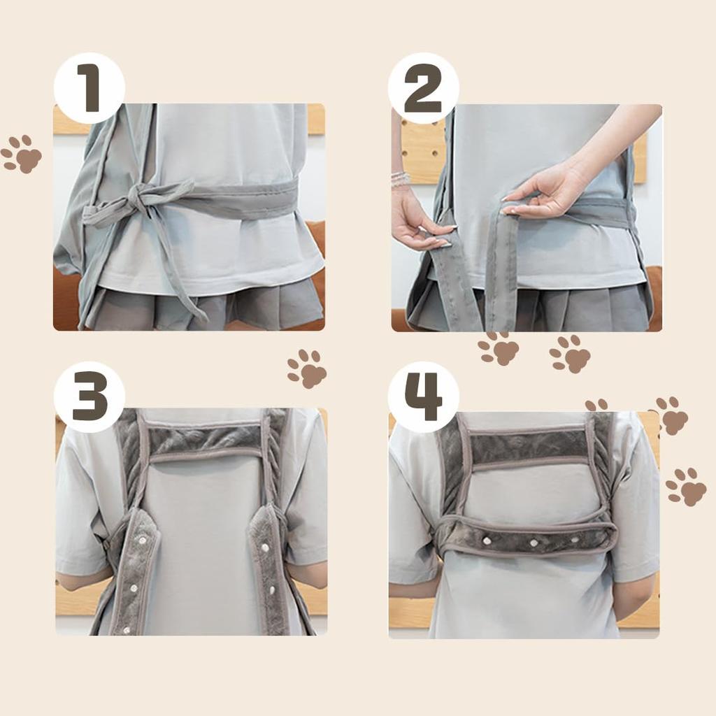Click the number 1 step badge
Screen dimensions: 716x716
coord(89,88)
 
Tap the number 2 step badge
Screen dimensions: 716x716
coord(423,88)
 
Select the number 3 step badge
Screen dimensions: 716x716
coord(89,397)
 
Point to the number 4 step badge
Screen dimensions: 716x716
coord(423,397)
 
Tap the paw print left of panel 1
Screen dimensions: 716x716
coord(21,154)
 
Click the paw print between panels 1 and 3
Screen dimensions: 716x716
coord(307,369)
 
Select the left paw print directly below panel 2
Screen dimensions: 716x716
coord(499,348)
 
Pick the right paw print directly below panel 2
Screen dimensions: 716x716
coord(570,353)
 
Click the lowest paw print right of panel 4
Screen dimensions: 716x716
coord(686,487)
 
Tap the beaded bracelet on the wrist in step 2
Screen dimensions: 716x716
coord(401,178)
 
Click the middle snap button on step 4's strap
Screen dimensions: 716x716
coord(534,543)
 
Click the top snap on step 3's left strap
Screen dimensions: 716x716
coord(143,540)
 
